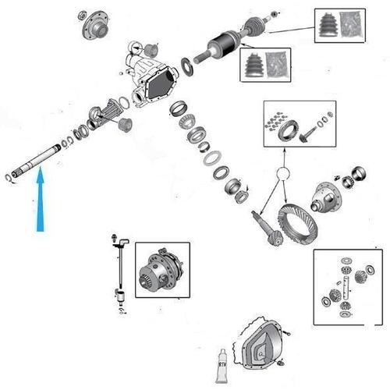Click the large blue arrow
pos(40,199)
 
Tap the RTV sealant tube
pos(222,366)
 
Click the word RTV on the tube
pos(222,364)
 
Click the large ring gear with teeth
pos(297,224)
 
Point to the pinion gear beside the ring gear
pos(267,229)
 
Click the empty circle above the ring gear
pos(283,173)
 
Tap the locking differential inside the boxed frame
pos(161,271)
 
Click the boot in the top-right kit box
pos(329,25)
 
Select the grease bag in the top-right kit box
pos(352,25)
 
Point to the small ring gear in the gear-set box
pos(288,129)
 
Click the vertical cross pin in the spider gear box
pos(346,288)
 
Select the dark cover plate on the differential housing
pos(161,83)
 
